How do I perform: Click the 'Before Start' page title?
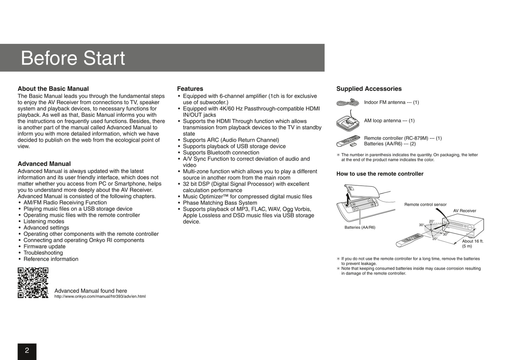(73, 58)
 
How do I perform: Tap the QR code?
(33, 283)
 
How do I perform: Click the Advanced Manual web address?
(100, 297)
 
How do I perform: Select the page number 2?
(27, 350)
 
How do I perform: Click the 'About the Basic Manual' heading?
(53, 89)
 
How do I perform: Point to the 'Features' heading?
(190, 89)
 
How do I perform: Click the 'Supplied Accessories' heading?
(369, 89)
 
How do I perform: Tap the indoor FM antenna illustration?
(347, 103)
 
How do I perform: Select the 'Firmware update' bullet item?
(44, 246)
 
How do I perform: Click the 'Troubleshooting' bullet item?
(43, 253)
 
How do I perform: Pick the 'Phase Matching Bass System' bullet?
(220, 203)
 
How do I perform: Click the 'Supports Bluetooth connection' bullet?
(221, 152)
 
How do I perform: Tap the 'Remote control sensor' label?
(425, 204)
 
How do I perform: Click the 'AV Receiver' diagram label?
(464, 211)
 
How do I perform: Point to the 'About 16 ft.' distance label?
(472, 241)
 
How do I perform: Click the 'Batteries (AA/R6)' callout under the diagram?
(360, 227)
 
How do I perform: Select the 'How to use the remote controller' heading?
(380, 174)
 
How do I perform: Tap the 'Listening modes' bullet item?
(44, 221)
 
